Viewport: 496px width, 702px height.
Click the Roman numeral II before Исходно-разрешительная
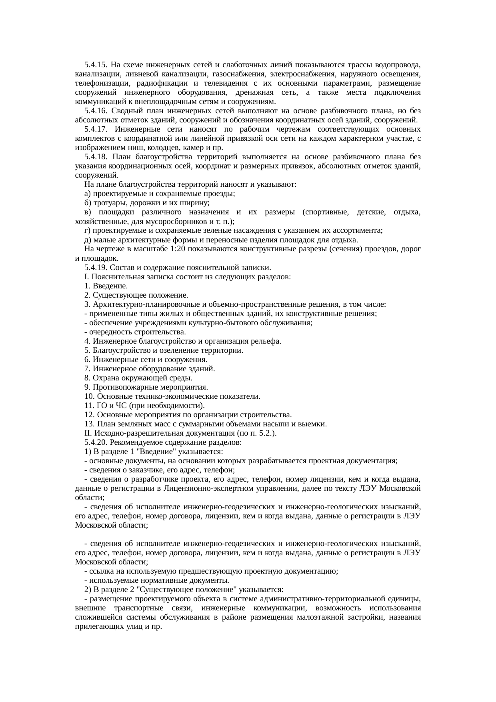tap(87, 433)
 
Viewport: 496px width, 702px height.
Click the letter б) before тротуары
tap(88, 203)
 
